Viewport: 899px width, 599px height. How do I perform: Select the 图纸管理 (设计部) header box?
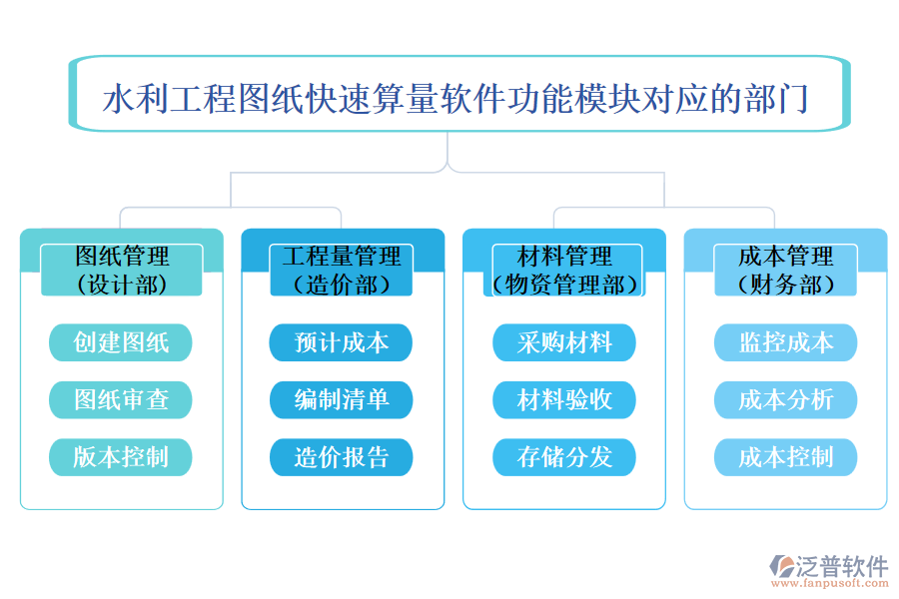pyautogui.click(x=121, y=270)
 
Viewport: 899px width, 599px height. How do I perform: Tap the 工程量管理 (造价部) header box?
pyautogui.click(x=342, y=270)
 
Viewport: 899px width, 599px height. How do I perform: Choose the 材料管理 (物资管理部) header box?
pyautogui.click(x=564, y=270)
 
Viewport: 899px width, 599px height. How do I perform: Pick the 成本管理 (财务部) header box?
pyautogui.click(x=785, y=270)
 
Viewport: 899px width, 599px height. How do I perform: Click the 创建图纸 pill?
pyautogui.click(x=121, y=342)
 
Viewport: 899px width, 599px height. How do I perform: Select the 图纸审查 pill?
pyautogui.click(x=121, y=400)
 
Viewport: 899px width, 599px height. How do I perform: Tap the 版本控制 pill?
pyautogui.click(x=121, y=458)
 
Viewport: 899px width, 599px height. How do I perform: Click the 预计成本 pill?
pyautogui.click(x=342, y=342)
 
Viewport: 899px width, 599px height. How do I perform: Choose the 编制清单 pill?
pyautogui.click(x=342, y=400)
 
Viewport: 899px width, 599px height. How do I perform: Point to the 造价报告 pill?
pyautogui.click(x=342, y=458)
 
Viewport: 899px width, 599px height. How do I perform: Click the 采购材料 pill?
pyautogui.click(x=564, y=342)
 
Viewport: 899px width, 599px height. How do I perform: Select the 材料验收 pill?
pyautogui.click(x=564, y=400)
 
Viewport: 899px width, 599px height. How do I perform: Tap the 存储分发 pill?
pyautogui.click(x=564, y=458)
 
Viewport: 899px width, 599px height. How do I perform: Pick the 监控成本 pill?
pyautogui.click(x=785, y=342)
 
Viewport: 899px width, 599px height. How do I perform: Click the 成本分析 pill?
pyautogui.click(x=785, y=400)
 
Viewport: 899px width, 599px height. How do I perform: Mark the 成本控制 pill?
pyautogui.click(x=785, y=458)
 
